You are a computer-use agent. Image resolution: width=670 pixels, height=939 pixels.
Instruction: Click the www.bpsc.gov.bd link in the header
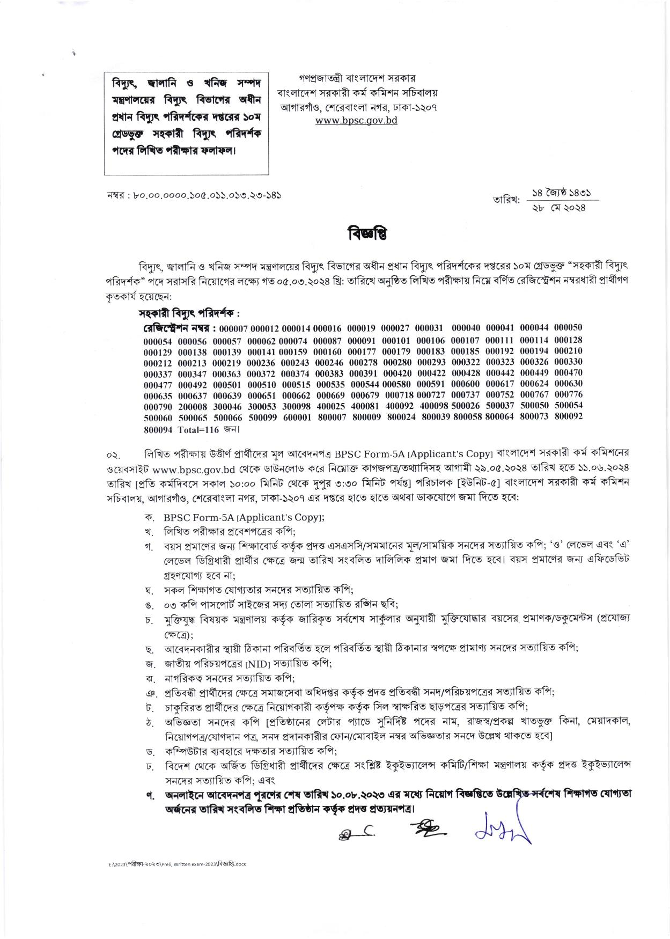click(356, 120)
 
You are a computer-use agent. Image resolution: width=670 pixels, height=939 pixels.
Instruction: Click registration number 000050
click(568, 327)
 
